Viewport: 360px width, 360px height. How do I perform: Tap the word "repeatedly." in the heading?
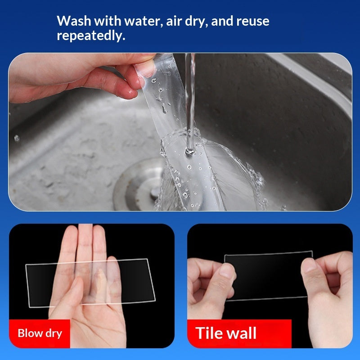[x=90, y=36]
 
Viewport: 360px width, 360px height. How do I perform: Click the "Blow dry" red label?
[x=40, y=333]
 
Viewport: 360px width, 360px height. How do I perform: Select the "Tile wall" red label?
[x=239, y=333]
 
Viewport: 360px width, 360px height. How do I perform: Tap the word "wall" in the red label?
[x=241, y=333]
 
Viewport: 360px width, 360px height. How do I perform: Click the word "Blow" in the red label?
[x=30, y=333]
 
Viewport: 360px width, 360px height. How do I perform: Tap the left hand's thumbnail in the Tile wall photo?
[x=228, y=273]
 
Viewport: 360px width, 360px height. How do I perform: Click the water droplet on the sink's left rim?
[x=17, y=138]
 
